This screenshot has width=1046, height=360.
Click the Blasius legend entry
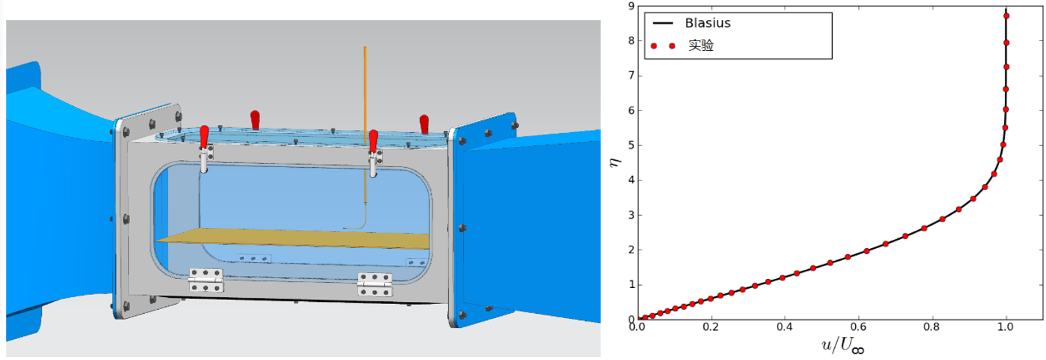click(708, 23)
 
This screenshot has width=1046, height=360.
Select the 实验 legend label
click(701, 46)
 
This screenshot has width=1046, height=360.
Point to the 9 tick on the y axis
click(630, 6)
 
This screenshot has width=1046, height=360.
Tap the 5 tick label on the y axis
click(630, 145)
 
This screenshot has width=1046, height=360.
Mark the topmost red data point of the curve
click(1006, 15)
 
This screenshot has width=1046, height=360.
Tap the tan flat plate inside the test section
click(294, 238)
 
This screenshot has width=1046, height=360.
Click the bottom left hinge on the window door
click(206, 280)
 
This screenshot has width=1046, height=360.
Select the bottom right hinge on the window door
click(375, 284)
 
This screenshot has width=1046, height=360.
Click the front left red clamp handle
click(203, 135)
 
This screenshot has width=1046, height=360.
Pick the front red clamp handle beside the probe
click(373, 138)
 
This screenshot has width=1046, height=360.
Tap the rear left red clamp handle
click(255, 117)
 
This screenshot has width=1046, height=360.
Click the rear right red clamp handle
click(424, 122)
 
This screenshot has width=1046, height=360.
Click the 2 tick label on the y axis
click(630, 250)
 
